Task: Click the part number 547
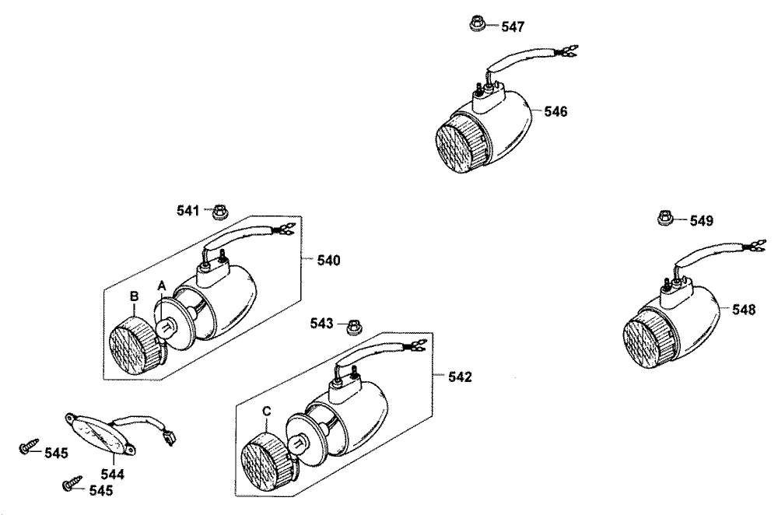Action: tap(513, 26)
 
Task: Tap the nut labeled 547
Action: tap(478, 23)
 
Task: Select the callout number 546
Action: tap(555, 111)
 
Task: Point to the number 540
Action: tap(328, 261)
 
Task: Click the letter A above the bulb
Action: tap(161, 286)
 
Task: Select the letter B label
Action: tap(134, 296)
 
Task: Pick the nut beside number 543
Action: tap(352, 327)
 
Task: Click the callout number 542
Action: tap(460, 377)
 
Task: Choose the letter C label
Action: tap(266, 412)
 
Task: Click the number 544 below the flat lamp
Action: tap(113, 475)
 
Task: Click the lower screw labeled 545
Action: tap(72, 483)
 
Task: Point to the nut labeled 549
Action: tap(666, 218)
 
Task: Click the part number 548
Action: tap(744, 310)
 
